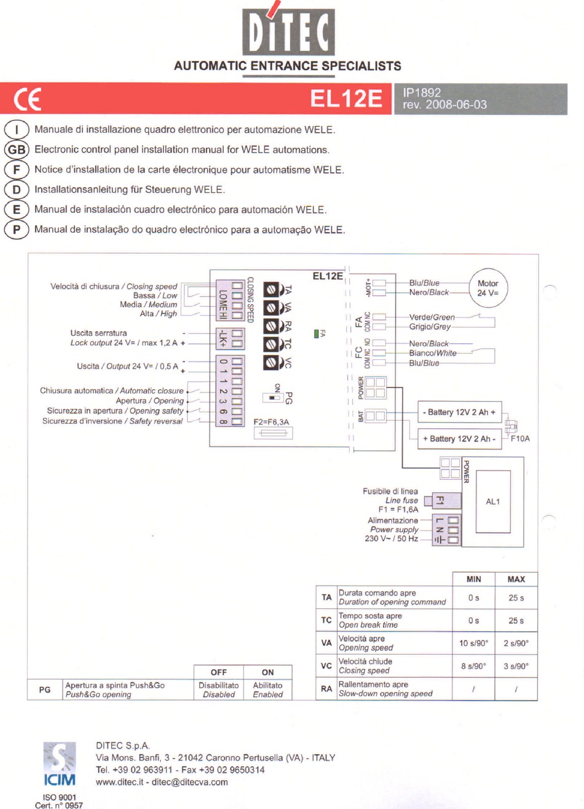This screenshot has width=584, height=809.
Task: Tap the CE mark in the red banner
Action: pos(28,99)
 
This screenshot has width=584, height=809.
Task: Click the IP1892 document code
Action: pos(422,92)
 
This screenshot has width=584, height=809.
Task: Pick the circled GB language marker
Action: pos(17,149)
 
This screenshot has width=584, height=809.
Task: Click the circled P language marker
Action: pos(17,229)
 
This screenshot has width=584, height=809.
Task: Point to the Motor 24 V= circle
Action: pos(487,288)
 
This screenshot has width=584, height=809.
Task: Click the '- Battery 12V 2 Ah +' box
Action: pos(459,412)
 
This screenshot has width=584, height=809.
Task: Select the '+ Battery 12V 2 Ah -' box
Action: pos(459,439)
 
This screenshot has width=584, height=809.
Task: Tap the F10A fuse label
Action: pos(519,439)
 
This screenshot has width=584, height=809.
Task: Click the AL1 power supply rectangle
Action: pos(493,501)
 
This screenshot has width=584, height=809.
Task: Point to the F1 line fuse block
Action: pos(439,500)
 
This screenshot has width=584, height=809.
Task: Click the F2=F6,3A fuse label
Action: pos(271,422)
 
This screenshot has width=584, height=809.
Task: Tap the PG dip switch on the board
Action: pos(272,397)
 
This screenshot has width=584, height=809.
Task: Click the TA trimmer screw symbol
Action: pos(271,290)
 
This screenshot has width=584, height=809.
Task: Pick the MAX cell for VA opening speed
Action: pos(516,643)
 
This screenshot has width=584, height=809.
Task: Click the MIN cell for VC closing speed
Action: pos(473,666)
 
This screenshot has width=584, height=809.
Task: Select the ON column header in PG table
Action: pos(267,672)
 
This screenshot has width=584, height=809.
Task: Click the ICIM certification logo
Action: pos(60,764)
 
